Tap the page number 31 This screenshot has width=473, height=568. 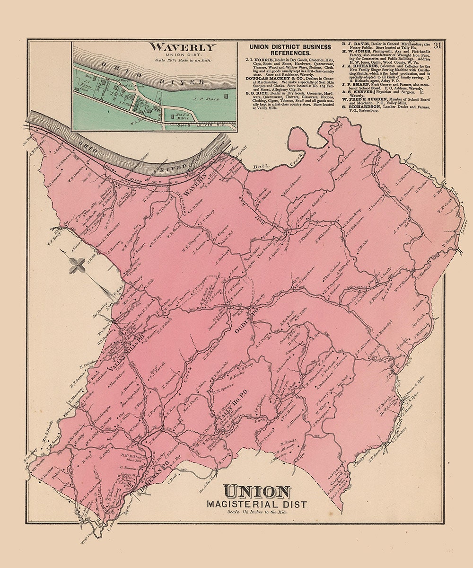point(437,46)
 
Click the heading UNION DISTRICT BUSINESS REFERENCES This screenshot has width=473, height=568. point(290,50)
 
